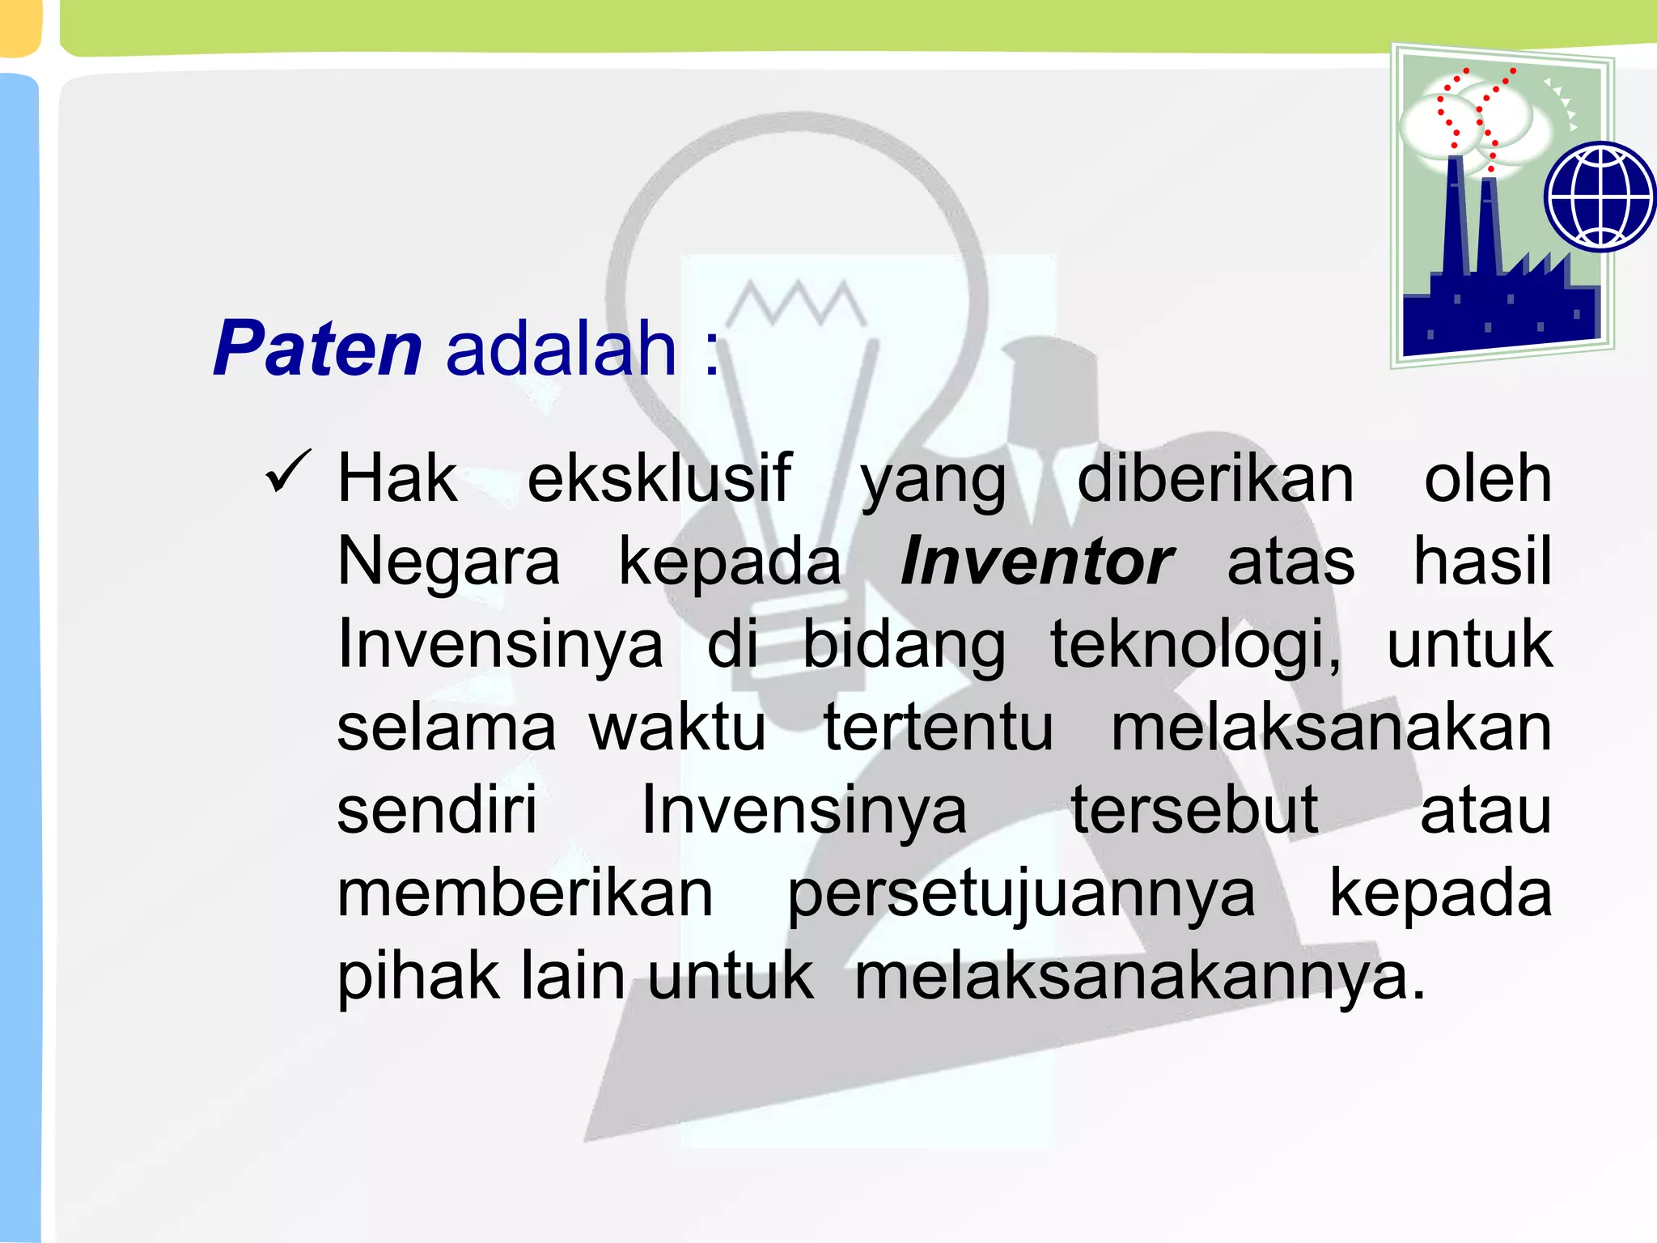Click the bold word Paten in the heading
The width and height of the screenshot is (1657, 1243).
point(317,349)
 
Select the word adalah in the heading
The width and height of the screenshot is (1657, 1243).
point(561,349)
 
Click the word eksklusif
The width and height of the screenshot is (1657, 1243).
point(659,479)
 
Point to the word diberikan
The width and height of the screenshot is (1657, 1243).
point(1215,479)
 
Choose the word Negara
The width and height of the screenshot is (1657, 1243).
point(448,563)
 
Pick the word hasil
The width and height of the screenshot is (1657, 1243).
point(1482,562)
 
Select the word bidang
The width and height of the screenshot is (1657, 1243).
point(904,646)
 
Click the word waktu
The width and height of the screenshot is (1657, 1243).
point(676,728)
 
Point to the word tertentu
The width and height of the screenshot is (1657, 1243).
point(939,728)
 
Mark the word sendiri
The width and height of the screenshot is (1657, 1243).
point(437,810)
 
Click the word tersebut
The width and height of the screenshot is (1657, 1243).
point(1194,810)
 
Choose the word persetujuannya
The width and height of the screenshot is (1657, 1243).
point(1021,895)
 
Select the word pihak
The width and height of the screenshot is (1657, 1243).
point(418,978)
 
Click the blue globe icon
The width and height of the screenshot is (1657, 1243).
point(1600,197)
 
